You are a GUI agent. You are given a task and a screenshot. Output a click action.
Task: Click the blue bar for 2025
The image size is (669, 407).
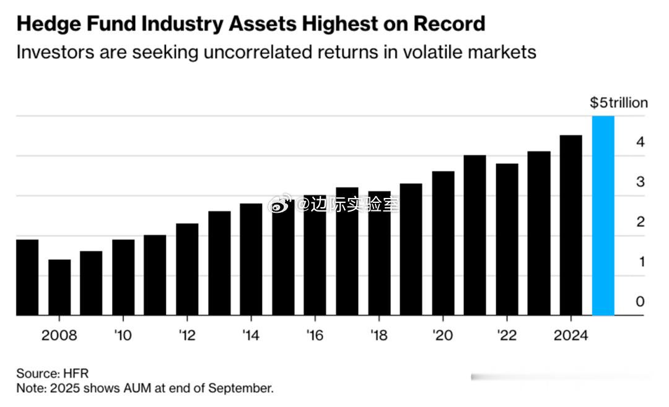(x=603, y=216)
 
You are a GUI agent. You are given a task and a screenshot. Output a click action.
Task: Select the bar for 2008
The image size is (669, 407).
(x=59, y=288)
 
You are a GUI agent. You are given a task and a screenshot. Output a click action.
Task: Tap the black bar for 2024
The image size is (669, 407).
(x=571, y=226)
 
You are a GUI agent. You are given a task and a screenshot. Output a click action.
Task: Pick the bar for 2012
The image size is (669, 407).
(x=187, y=270)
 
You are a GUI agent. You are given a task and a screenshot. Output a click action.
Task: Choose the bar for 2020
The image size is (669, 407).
(x=443, y=244)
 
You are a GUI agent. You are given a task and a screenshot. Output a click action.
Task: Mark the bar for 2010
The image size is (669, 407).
(x=123, y=278)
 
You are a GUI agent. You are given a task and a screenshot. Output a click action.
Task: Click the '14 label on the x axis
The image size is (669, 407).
(x=251, y=336)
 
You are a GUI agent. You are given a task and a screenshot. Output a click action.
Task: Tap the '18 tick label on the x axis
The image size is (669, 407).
(x=378, y=336)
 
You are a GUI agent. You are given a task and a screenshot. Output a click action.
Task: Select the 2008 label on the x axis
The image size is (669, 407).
(x=59, y=336)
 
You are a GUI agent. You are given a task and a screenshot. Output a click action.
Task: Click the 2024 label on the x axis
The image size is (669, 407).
(x=571, y=336)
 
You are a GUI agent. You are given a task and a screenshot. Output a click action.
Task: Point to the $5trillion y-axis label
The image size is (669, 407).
(x=618, y=103)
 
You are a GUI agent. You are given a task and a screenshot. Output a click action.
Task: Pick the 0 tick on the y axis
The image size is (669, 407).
(x=640, y=301)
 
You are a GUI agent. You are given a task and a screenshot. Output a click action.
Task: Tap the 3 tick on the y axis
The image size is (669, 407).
(x=640, y=182)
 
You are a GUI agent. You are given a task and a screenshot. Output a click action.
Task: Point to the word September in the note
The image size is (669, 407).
(x=241, y=389)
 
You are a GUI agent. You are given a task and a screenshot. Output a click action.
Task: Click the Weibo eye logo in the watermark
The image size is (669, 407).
(x=278, y=204)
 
